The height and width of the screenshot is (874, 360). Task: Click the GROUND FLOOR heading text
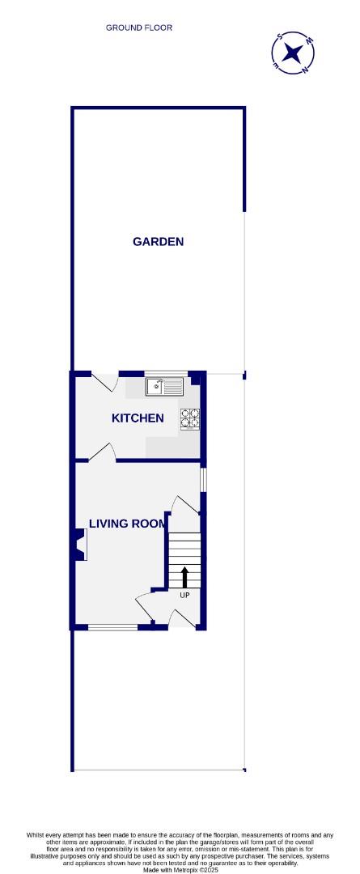pyautogui.click(x=139, y=28)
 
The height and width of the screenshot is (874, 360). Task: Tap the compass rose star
pyautogui.click(x=292, y=54)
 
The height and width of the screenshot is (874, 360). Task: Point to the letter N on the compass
pyautogui.click(x=305, y=70)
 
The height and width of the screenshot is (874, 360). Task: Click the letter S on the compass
pyautogui.click(x=280, y=37)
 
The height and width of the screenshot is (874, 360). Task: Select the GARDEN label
pyautogui.click(x=159, y=241)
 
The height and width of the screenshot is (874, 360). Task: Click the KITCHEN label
pyautogui.click(x=138, y=418)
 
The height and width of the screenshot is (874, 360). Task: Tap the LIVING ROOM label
pyautogui.click(x=132, y=524)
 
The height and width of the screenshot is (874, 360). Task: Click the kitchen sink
pyautogui.click(x=164, y=387)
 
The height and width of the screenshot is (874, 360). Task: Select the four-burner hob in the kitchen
pyautogui.click(x=190, y=418)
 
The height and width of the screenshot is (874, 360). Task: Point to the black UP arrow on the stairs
pyautogui.click(x=184, y=577)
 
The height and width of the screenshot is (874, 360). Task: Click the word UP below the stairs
pyautogui.click(x=184, y=596)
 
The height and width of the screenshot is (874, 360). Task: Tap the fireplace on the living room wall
pyautogui.click(x=81, y=545)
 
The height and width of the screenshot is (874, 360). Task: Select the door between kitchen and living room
pyautogui.click(x=102, y=453)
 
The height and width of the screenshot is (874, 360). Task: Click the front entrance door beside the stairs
pyautogui.click(x=183, y=619)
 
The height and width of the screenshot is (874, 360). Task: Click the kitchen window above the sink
pyautogui.click(x=166, y=373)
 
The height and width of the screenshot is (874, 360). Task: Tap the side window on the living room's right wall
pyautogui.click(x=203, y=479)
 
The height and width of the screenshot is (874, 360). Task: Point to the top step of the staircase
pyautogui.click(x=184, y=537)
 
